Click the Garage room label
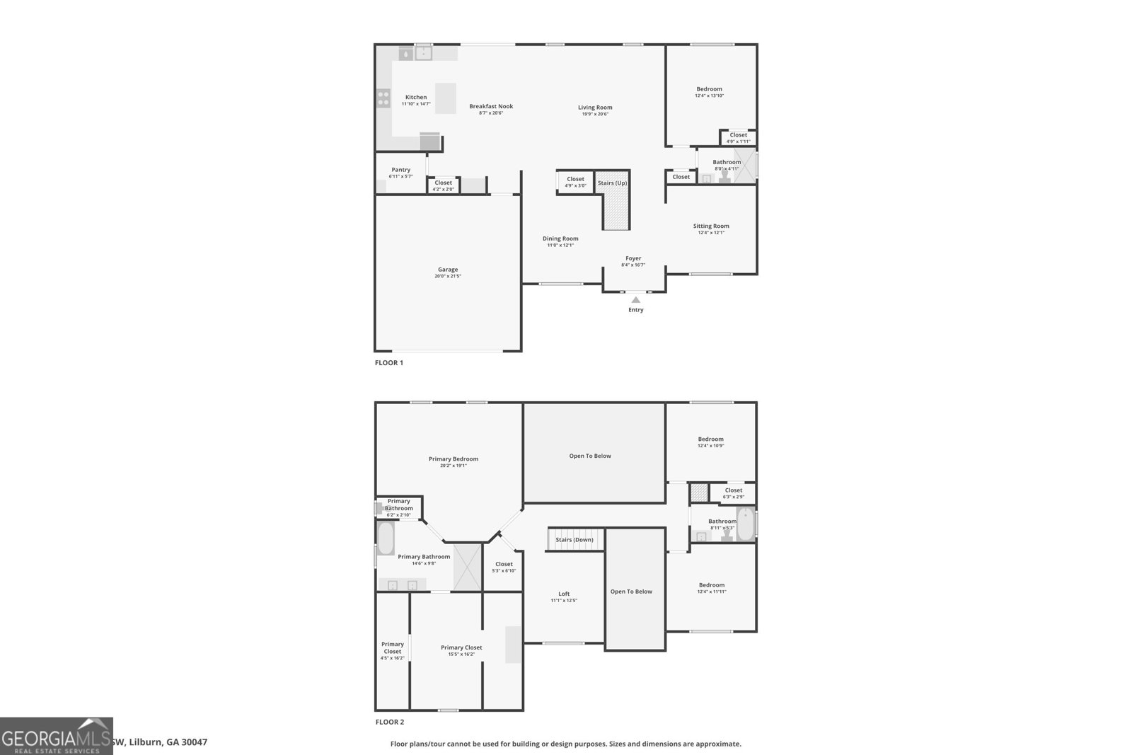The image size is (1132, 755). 447,270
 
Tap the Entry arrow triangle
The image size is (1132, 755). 635,300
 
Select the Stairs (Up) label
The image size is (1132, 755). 612,183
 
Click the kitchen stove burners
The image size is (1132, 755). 383,98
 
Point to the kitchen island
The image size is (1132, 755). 445,98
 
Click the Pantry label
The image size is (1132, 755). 400,170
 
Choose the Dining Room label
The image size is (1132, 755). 560,238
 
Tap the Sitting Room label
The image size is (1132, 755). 711,226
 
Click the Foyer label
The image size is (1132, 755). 633,258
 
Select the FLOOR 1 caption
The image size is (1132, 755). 388,363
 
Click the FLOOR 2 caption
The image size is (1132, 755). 389,722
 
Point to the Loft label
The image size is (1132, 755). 564,594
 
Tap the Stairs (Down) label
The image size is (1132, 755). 574,540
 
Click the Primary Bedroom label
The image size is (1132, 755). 454,459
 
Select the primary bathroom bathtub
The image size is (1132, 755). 386,539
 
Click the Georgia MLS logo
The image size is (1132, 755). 56,736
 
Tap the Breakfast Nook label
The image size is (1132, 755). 491,107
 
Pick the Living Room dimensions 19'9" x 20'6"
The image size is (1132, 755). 595,114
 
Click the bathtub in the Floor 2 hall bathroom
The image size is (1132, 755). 745,524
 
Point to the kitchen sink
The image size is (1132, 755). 423,53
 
